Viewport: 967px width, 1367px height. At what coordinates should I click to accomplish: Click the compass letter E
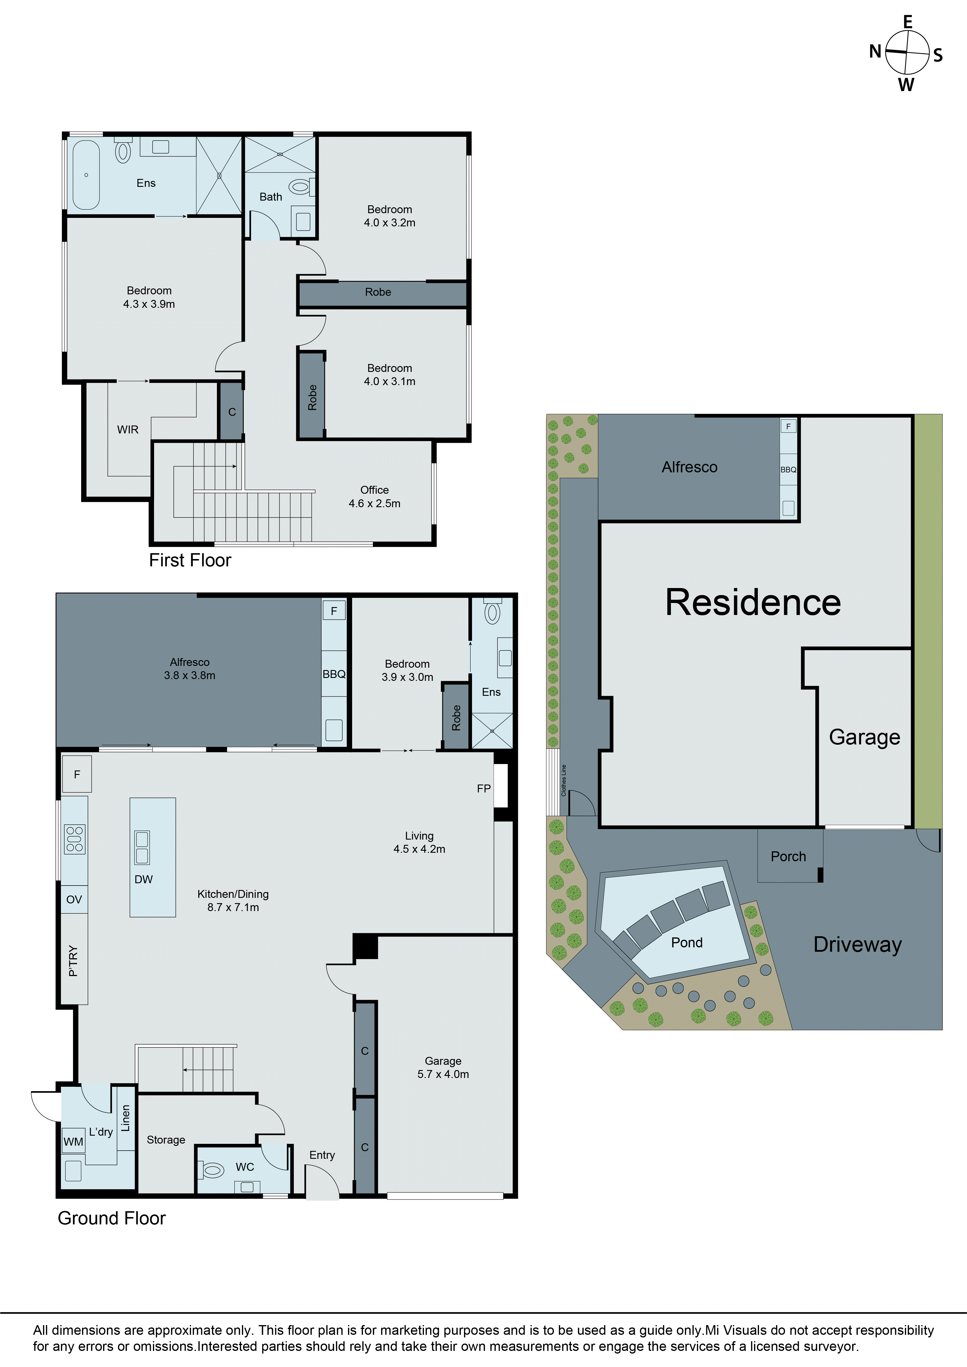click(908, 22)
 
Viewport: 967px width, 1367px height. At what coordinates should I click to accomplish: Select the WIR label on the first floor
click(127, 429)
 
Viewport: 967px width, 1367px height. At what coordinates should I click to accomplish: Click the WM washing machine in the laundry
click(73, 1141)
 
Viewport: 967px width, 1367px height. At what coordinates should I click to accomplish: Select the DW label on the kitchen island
click(144, 879)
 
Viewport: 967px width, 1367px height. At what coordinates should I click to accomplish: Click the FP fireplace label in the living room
click(483, 788)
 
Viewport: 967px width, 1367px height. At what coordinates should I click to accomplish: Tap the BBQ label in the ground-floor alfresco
click(334, 674)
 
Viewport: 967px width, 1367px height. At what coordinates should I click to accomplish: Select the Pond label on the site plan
click(687, 942)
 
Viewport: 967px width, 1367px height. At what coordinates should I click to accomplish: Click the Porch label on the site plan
click(788, 856)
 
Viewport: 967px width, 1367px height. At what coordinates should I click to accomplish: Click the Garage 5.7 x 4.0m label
click(443, 1067)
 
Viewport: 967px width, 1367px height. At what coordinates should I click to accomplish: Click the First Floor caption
click(190, 560)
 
